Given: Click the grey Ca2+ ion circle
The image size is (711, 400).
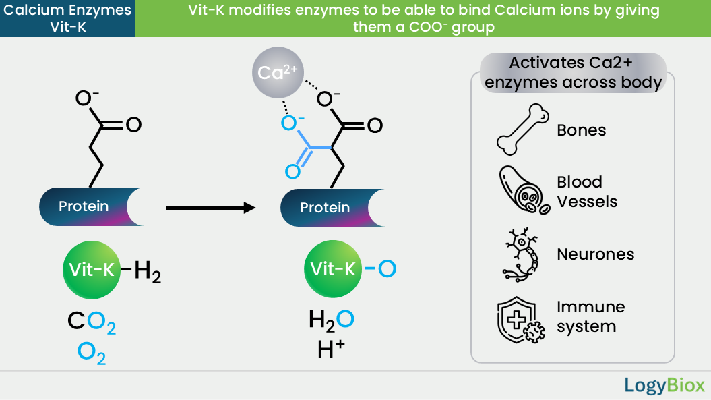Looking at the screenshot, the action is click(278, 73).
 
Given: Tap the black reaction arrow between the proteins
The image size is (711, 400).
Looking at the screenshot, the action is click(211, 208).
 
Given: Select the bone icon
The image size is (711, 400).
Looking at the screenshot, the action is click(523, 130).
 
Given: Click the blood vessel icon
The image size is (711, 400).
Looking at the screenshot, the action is click(524, 190).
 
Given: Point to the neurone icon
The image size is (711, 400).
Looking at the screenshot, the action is click(522, 254).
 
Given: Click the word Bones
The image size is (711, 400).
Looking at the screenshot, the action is click(582, 130).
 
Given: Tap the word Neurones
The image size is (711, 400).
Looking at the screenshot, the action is click(595, 254).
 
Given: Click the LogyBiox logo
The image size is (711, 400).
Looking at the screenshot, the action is click(664, 385).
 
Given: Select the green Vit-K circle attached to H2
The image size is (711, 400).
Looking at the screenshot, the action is click(92, 270).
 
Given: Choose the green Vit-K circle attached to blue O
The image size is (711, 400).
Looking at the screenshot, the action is click(333, 268).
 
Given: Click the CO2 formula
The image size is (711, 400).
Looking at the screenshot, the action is click(92, 322).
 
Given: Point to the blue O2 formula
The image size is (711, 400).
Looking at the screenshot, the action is click(92, 353).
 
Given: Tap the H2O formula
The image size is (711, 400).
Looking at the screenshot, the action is click(331, 320).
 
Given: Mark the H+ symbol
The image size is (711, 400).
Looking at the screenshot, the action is click(331, 349).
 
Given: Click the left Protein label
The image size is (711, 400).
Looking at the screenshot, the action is click(84, 206).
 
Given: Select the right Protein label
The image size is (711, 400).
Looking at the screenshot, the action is click(325, 208).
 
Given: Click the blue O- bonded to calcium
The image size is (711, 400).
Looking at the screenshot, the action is click(292, 122).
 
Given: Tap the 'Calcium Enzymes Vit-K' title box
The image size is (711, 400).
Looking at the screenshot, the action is click(67, 19).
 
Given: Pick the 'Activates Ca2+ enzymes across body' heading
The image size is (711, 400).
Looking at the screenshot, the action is click(573, 73).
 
